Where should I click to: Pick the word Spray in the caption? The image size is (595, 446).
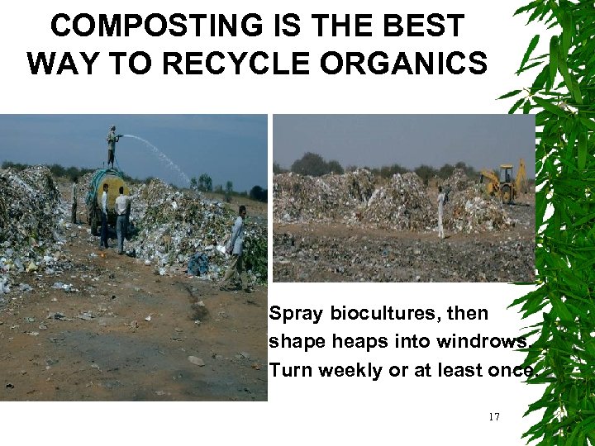coord(295,315)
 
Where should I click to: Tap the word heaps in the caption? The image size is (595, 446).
coord(344,342)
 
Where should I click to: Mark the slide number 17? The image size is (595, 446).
coord(493,417)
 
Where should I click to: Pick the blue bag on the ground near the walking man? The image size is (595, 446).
coord(199,264)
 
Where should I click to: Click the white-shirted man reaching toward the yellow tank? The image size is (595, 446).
coord(122,215)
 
